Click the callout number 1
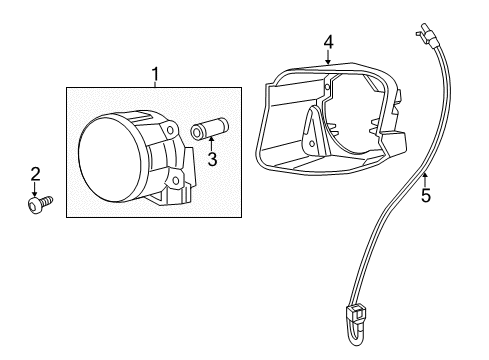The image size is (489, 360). pyautogui.click(x=155, y=73)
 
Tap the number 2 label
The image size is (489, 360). pyautogui.click(x=35, y=175)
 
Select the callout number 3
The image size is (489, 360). pyautogui.click(x=212, y=158)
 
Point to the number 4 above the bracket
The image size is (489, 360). pyautogui.click(x=327, y=42)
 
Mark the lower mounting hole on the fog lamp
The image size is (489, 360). pyautogui.click(x=175, y=180)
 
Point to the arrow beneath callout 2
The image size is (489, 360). pyautogui.click(x=36, y=189)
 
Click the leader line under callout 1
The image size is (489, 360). pyautogui.click(x=155, y=84)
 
